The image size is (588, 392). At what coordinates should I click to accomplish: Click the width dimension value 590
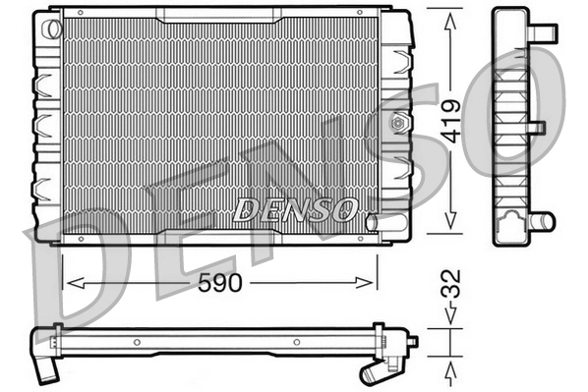(x=219, y=282)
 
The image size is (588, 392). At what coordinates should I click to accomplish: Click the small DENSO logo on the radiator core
(x=295, y=208)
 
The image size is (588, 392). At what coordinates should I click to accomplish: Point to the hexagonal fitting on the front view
(x=399, y=124)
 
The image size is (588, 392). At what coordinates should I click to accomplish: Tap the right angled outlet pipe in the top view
(x=374, y=371)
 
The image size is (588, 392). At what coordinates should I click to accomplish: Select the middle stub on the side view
(x=537, y=128)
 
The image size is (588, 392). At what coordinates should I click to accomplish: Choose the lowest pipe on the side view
(x=542, y=221)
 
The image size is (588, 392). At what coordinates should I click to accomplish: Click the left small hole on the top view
(x=138, y=344)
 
